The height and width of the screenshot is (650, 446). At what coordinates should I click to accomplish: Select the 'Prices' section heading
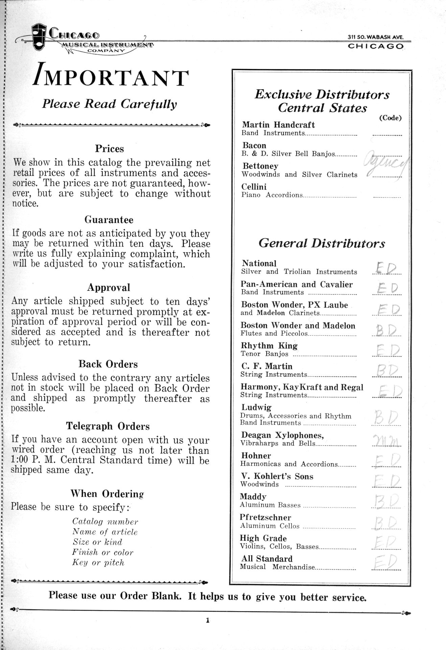(x=109, y=149)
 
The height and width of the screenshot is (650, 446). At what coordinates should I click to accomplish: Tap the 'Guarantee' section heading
(x=109, y=220)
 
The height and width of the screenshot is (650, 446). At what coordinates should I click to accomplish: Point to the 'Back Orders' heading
(x=108, y=364)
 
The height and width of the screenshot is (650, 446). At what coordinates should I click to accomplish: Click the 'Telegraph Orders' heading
(x=108, y=426)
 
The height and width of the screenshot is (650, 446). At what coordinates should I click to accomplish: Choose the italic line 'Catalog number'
(x=105, y=522)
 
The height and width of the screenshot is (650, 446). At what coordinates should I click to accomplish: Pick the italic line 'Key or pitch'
(x=98, y=562)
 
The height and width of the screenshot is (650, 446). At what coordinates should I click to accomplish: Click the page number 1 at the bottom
(x=208, y=620)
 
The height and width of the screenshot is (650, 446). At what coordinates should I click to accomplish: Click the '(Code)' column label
(x=390, y=118)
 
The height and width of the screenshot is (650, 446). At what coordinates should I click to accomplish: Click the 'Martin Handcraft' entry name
(x=278, y=125)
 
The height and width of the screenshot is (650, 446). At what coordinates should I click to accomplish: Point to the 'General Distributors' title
(x=322, y=243)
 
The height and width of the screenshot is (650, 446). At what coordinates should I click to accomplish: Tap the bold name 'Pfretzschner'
(x=265, y=517)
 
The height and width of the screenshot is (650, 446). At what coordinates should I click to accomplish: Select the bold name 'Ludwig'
(x=256, y=407)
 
